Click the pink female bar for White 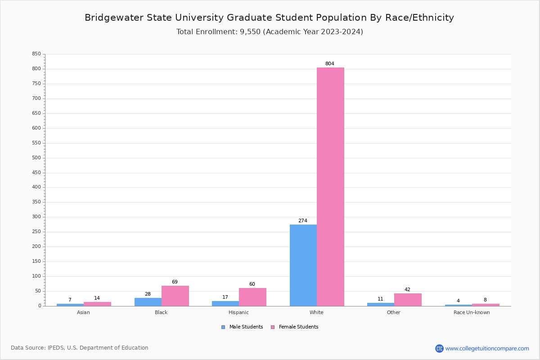click(330, 187)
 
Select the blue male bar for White click(303, 265)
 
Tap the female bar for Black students click(175, 296)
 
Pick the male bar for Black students click(148, 302)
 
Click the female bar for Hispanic click(252, 297)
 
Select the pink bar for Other click(408, 300)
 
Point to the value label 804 click(330, 64)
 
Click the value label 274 click(303, 221)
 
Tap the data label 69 click(175, 282)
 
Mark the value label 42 click(407, 290)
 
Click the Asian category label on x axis click(83, 312)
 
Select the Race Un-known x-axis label click(472, 312)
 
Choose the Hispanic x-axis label click(238, 312)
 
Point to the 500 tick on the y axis click(36, 158)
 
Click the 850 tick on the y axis click(36, 54)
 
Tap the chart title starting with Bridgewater click(269, 18)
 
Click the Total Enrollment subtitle click(270, 32)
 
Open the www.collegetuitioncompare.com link click(487, 348)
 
